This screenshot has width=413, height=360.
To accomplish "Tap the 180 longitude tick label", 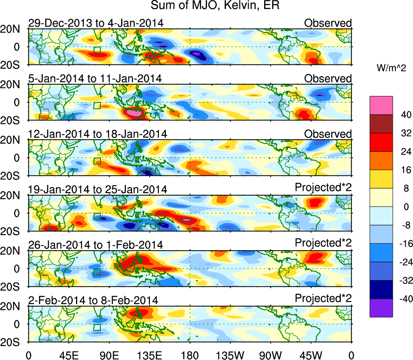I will (190, 354).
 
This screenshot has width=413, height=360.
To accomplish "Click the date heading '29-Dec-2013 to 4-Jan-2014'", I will (96, 23).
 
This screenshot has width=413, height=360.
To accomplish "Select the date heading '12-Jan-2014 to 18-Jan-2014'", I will (97, 134).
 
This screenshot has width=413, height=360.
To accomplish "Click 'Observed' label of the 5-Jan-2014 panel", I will (328, 79).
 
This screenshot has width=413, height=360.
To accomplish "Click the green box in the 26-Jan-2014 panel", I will (97, 272).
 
